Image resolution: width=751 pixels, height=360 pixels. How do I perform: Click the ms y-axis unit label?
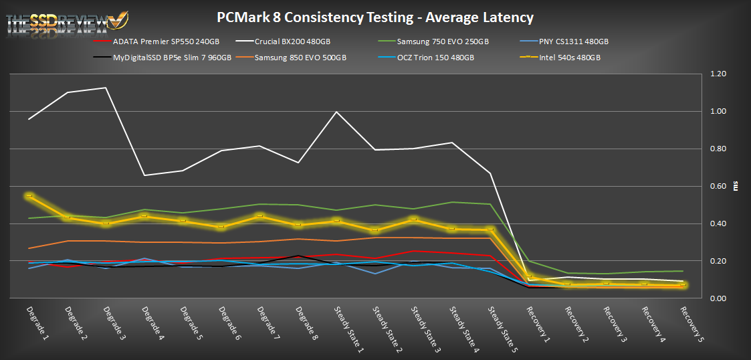pos(736,186)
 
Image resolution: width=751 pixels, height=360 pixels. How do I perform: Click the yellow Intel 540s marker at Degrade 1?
pos(29,196)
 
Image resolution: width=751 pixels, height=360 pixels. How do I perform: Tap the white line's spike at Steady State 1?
pos(336,112)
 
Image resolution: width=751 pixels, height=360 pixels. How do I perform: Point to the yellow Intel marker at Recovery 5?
pos(683,285)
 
